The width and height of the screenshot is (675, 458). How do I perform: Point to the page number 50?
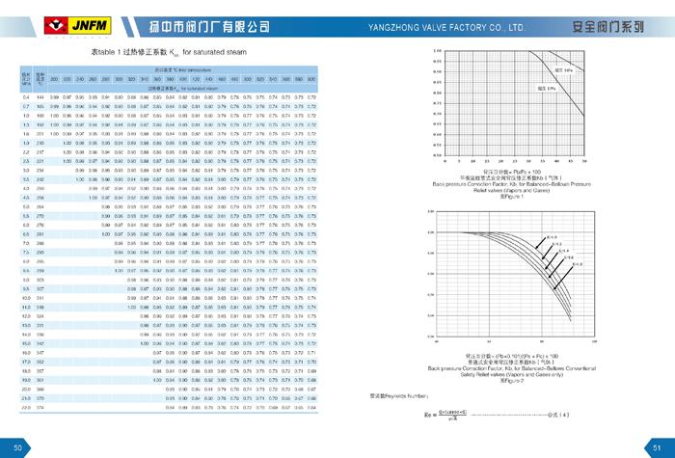[x=17, y=445]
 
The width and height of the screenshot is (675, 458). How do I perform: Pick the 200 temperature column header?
[x=55, y=78]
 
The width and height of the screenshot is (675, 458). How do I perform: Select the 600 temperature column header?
[x=311, y=78]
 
